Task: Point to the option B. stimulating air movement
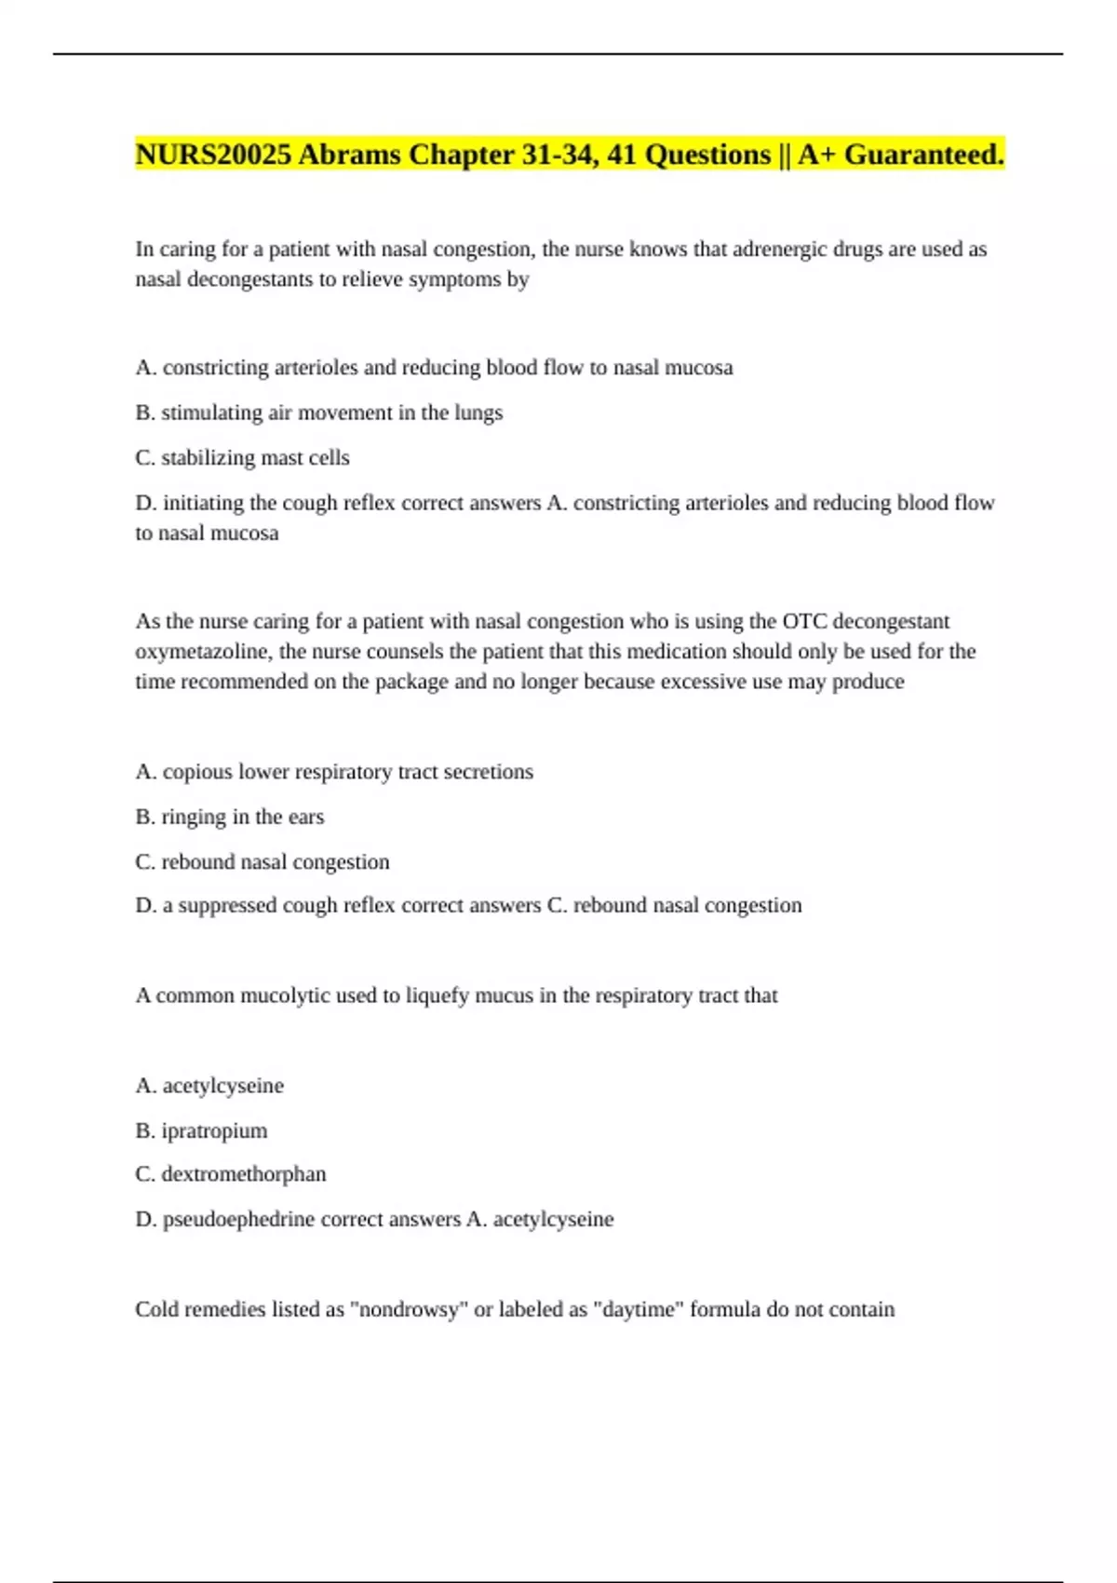pos(318,413)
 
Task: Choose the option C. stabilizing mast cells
pos(242,458)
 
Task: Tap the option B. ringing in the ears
pos(229,818)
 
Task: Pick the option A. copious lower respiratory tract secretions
pos(334,772)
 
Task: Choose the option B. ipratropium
pos(201,1131)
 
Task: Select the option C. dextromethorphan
pos(230,1174)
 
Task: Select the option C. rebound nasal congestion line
pos(262,862)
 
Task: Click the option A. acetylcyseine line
pos(209,1086)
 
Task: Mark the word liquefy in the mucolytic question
pos(437,995)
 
